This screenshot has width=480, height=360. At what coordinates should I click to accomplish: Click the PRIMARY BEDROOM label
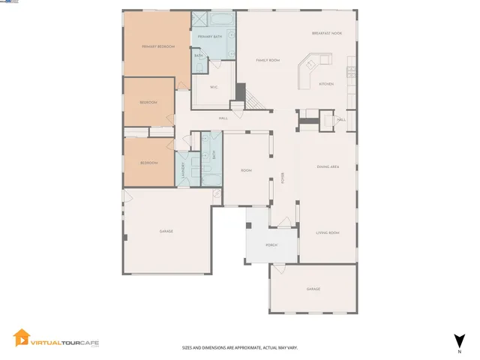(158, 46)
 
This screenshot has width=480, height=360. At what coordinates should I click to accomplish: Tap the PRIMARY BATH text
(209, 37)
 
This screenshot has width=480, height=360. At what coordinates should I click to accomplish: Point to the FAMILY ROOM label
(268, 60)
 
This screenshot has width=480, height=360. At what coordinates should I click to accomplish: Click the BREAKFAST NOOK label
(327, 34)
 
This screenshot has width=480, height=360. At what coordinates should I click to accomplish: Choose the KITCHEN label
(326, 83)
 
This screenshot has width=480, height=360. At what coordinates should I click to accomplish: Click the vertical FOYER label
(283, 177)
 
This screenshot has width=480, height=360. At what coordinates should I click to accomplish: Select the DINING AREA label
(328, 166)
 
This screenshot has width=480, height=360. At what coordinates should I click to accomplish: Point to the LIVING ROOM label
(328, 232)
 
